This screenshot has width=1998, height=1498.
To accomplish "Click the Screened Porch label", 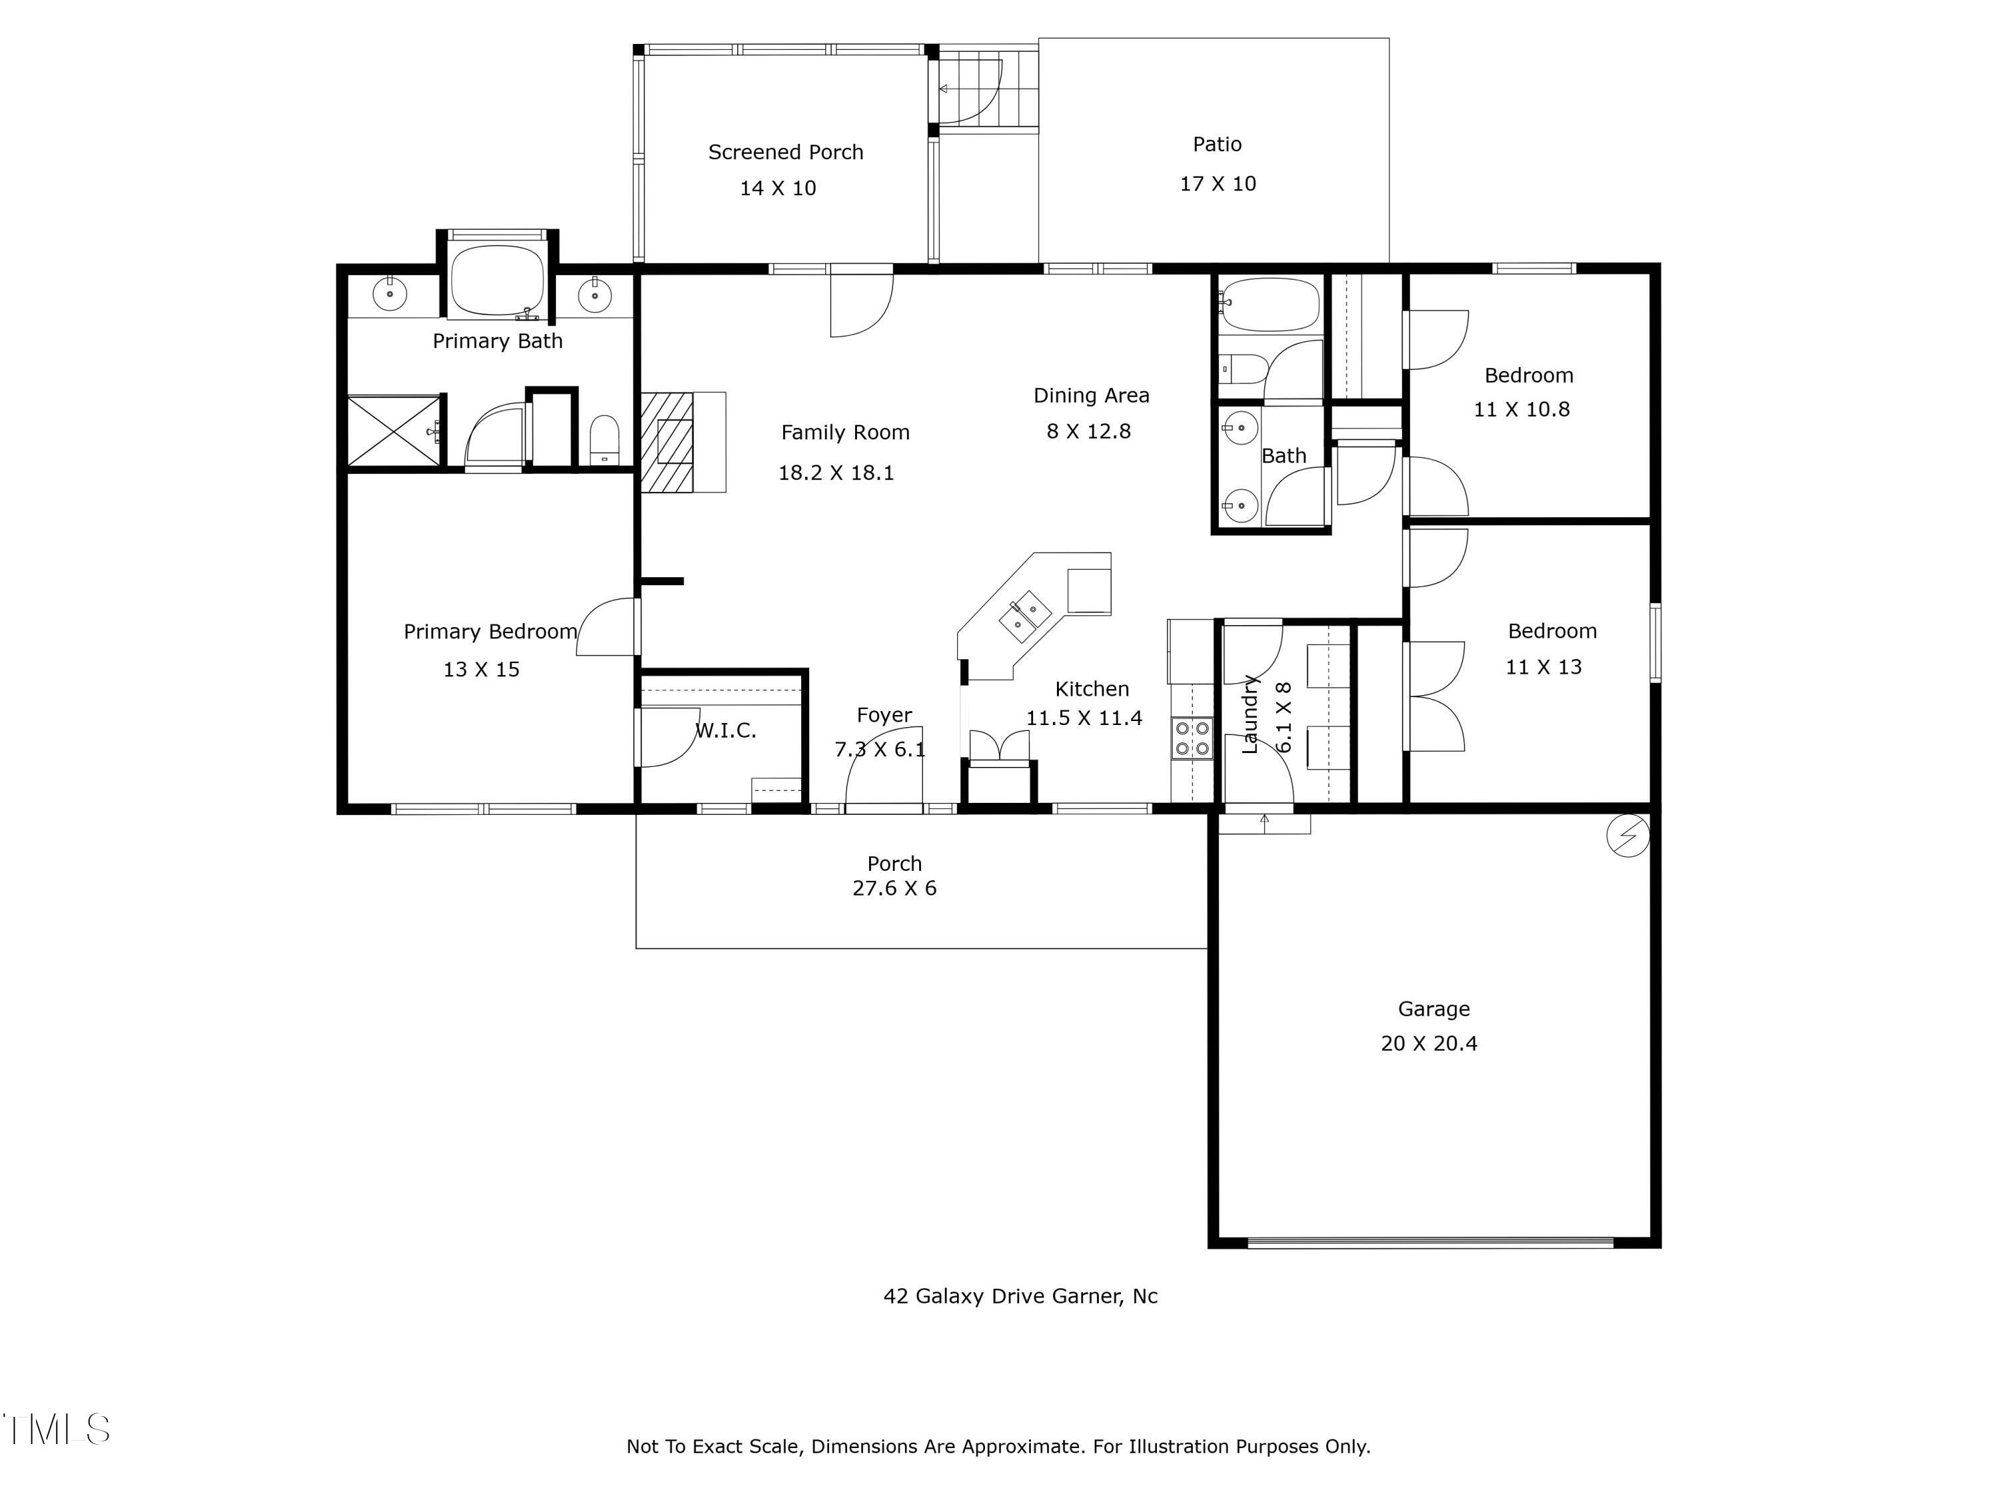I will click(x=785, y=152).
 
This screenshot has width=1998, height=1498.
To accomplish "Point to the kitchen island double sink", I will click(x=1024, y=617).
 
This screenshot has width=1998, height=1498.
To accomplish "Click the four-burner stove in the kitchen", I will click(x=1191, y=738).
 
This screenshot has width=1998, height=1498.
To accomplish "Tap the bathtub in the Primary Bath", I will click(x=497, y=280).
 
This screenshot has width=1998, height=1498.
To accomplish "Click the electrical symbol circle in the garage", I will click(x=1627, y=836).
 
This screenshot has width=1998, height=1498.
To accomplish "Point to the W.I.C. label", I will click(x=725, y=730).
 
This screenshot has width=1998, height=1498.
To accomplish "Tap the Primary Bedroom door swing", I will click(x=607, y=626).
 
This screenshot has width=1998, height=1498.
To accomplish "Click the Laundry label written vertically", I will click(x=1250, y=713).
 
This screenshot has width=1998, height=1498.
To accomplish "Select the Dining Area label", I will click(x=1090, y=395).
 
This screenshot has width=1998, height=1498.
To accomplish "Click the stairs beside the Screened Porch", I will click(x=986, y=89).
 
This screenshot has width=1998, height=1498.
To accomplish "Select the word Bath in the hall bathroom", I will click(x=1283, y=456).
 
